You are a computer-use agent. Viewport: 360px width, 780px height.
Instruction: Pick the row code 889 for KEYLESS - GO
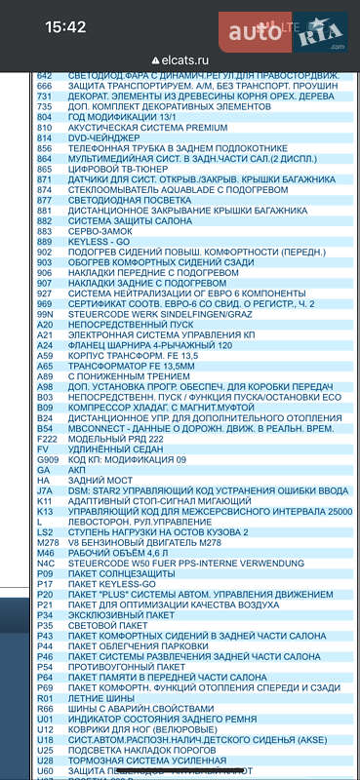click(44, 241)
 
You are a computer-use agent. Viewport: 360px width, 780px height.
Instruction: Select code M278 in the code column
click(46, 542)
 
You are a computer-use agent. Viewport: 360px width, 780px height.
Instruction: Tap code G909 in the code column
click(47, 458)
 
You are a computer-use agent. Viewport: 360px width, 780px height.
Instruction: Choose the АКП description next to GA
click(77, 469)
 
